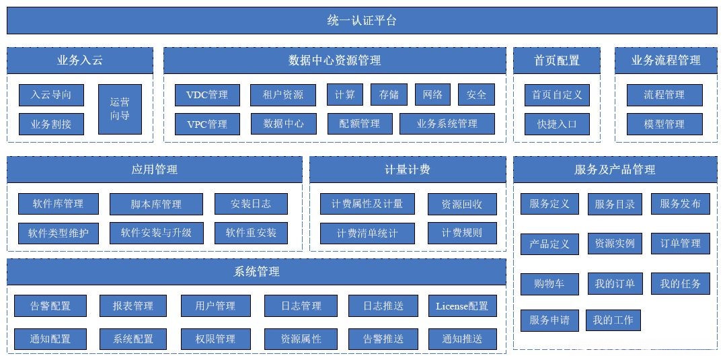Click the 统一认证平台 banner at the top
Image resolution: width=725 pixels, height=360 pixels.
pyautogui.click(x=362, y=20)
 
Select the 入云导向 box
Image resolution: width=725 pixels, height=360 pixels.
pyautogui.click(x=51, y=95)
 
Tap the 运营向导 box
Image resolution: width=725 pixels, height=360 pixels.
pyautogui.click(x=120, y=109)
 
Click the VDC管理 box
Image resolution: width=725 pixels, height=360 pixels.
pyautogui.click(x=207, y=95)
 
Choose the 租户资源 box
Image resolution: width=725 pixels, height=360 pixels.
pyautogui.click(x=283, y=95)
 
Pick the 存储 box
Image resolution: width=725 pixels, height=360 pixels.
pyautogui.click(x=389, y=95)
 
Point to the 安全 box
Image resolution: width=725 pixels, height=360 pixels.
pyautogui.click(x=476, y=95)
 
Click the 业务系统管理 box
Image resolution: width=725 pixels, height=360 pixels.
pyautogui.click(x=447, y=124)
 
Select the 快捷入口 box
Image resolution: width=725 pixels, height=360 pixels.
pyautogui.click(x=557, y=124)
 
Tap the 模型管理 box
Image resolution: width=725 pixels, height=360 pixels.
pyautogui.click(x=664, y=124)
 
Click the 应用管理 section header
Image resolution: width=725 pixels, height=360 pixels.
pyautogui.click(x=154, y=170)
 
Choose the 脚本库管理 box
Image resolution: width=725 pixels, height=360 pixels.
pyautogui.click(x=155, y=204)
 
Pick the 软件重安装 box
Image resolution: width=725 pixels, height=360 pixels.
pyautogui.click(x=251, y=233)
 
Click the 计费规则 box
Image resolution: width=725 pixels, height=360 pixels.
pyautogui.click(x=462, y=233)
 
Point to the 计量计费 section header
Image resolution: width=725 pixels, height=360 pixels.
pyautogui.click(x=407, y=170)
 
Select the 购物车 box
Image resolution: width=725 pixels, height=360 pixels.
pyautogui.click(x=549, y=284)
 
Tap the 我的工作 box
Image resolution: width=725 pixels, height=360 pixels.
pyautogui.click(x=613, y=320)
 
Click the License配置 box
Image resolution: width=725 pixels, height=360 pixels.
pyautogui.click(x=462, y=306)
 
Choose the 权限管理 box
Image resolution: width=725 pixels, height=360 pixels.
pyautogui.click(x=215, y=339)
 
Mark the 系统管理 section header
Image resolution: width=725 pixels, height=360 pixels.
pyautogui.click(x=256, y=272)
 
